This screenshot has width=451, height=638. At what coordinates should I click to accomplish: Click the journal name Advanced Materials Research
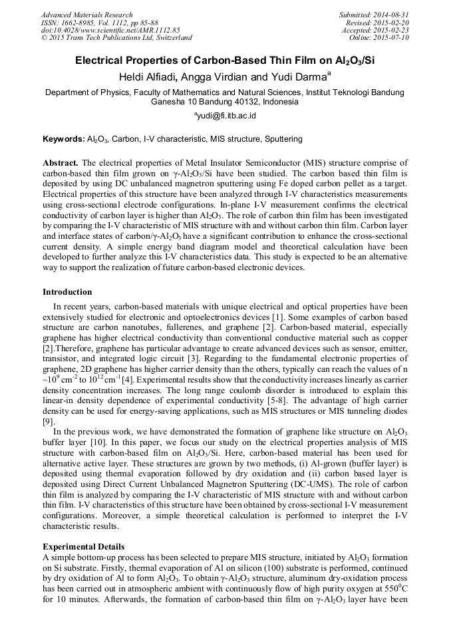click(x=87, y=15)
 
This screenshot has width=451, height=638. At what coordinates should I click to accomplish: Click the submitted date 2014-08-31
click(x=392, y=15)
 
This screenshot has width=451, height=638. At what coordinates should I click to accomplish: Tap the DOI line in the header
click(x=110, y=30)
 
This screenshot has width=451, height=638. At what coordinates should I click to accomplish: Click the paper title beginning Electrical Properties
click(x=225, y=60)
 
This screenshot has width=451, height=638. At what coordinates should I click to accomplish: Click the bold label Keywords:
click(x=64, y=140)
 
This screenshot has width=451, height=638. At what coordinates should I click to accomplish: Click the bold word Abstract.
click(x=61, y=163)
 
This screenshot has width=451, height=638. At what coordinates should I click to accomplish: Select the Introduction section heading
click(x=67, y=292)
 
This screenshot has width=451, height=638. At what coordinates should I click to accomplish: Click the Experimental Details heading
click(x=82, y=546)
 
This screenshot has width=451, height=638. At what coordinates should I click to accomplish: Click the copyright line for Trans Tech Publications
click(x=116, y=38)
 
